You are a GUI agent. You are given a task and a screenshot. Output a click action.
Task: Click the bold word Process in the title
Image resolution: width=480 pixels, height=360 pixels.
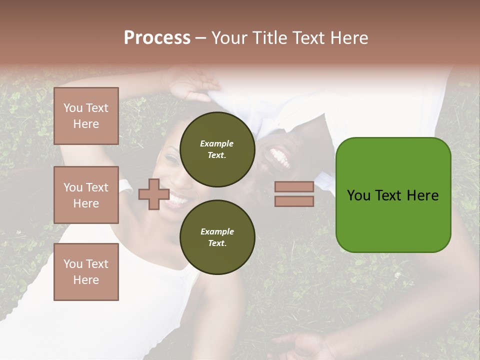click(x=157, y=37)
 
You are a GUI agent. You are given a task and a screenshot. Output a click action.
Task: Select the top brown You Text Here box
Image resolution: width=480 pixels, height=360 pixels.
click(x=86, y=116)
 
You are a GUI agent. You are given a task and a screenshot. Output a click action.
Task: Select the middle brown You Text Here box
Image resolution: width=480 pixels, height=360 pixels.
click(x=86, y=195)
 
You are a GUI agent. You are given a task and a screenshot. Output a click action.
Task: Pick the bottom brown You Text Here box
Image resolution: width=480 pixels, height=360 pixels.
click(x=86, y=271)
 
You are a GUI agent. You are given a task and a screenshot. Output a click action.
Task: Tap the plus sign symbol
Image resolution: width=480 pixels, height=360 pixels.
click(x=153, y=194)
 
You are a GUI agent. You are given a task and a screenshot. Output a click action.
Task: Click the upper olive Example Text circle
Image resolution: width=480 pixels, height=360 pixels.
click(x=217, y=149)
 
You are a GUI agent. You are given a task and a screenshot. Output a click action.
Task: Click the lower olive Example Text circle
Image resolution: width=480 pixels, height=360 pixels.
click(x=217, y=237)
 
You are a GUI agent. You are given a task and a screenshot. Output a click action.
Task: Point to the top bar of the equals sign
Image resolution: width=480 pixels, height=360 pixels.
click(x=294, y=186)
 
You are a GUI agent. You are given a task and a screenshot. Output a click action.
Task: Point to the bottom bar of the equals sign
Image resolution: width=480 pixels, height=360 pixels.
click(x=294, y=201)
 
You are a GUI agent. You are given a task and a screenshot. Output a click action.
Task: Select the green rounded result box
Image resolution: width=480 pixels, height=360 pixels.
click(x=393, y=195)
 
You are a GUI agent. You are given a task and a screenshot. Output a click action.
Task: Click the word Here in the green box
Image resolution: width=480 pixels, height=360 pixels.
click(x=422, y=195)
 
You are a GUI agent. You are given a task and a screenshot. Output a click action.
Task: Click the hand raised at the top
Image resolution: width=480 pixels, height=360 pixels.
click(x=192, y=85)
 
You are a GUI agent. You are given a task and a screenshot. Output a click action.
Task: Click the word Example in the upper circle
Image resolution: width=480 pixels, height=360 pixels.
click(x=217, y=143)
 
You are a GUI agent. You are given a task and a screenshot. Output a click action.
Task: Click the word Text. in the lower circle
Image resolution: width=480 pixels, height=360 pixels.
click(x=217, y=243)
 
